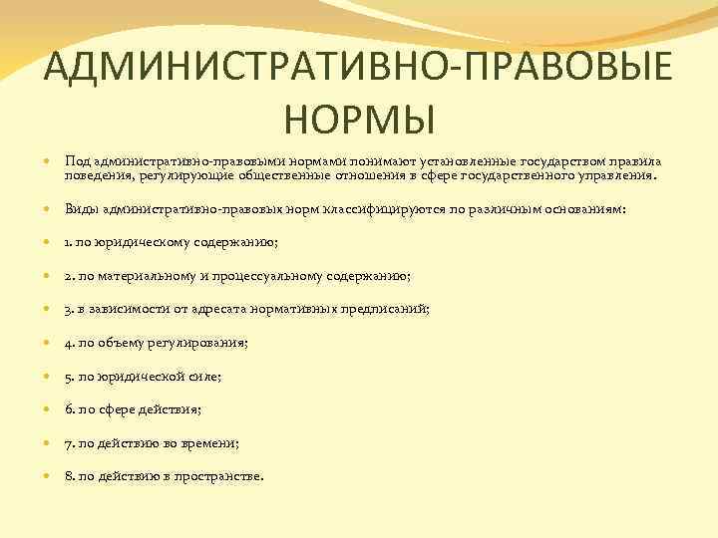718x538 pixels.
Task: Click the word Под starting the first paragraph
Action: (77, 161)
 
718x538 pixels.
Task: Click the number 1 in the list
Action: (67, 242)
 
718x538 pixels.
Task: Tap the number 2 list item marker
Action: (68, 276)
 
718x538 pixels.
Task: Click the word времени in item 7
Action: (210, 443)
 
